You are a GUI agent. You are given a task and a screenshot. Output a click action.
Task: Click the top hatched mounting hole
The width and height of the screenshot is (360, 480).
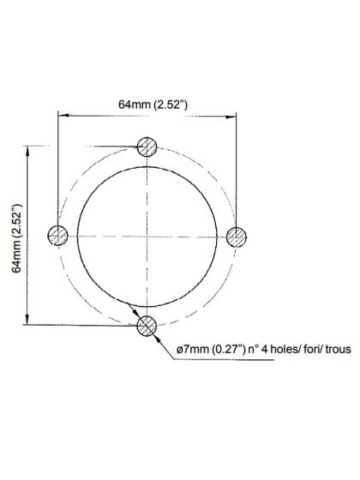pos(147,147)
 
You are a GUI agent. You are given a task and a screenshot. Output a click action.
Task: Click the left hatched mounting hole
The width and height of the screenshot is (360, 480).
pos(58,235)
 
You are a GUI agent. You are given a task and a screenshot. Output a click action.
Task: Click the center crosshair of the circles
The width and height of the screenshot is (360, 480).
pos(147,235)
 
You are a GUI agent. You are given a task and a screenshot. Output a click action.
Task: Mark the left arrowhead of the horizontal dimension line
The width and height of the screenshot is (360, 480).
pos(63,115)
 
